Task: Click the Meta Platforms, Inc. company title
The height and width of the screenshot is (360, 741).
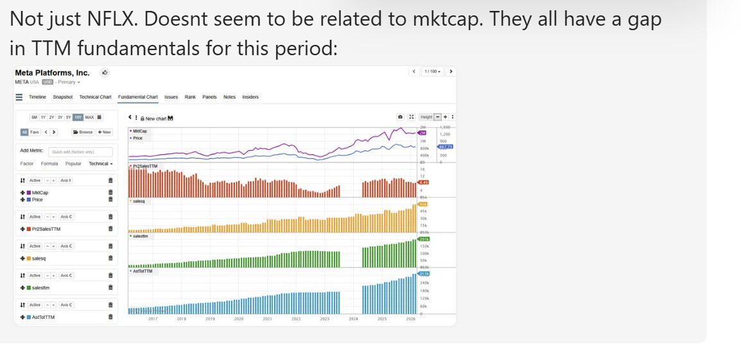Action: (52, 73)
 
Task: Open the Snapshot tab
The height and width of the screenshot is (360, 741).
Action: (62, 97)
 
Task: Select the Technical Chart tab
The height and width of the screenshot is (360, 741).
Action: (95, 97)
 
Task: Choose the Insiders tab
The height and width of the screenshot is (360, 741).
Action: (250, 97)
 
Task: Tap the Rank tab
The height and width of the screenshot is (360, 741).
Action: (190, 97)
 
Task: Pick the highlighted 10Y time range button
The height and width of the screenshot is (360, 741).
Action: (78, 117)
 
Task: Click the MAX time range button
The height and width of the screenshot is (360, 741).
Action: (89, 117)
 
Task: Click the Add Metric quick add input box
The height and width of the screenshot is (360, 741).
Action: (80, 152)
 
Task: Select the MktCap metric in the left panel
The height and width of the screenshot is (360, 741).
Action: (40, 193)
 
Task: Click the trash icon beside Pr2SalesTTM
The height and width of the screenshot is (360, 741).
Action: (110, 229)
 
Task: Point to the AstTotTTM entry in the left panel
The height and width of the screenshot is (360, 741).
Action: (43, 317)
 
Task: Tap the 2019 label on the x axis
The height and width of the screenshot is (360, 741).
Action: (210, 319)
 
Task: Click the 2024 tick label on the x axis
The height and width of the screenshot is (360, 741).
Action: (353, 319)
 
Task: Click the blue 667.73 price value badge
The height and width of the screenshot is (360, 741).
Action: (446, 147)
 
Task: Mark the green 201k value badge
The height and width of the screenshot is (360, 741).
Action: (423, 239)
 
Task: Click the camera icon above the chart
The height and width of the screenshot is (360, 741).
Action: (400, 117)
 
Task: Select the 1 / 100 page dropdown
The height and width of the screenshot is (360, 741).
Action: (433, 71)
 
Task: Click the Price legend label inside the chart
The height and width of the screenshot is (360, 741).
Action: (137, 138)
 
